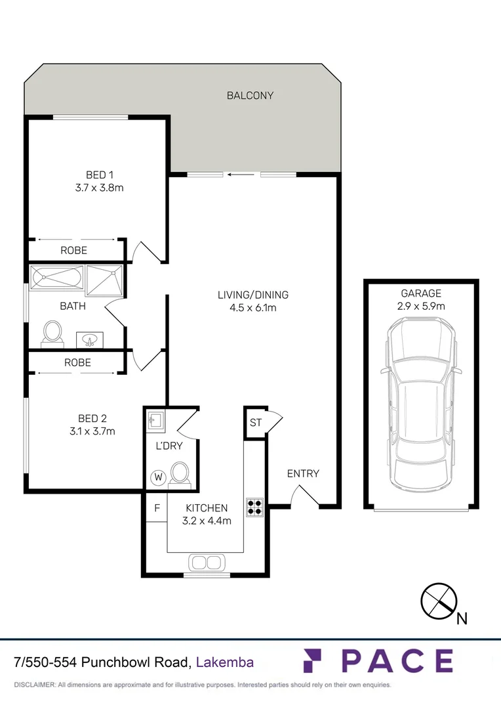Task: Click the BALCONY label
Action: [250, 96]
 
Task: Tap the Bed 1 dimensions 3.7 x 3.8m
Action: [100, 187]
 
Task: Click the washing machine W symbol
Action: [157, 477]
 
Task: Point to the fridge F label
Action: [157, 508]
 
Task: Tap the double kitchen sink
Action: [207, 562]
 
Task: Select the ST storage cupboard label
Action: [255, 423]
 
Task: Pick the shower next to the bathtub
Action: [104, 278]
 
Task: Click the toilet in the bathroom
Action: [52, 332]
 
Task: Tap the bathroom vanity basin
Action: [90, 339]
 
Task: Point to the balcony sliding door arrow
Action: [241, 175]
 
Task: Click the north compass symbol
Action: [439, 599]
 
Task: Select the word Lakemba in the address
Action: [225, 662]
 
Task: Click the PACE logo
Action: [378, 661]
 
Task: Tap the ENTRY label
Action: [303, 473]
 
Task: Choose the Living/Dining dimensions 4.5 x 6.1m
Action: [253, 307]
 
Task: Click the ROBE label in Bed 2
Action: [77, 362]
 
